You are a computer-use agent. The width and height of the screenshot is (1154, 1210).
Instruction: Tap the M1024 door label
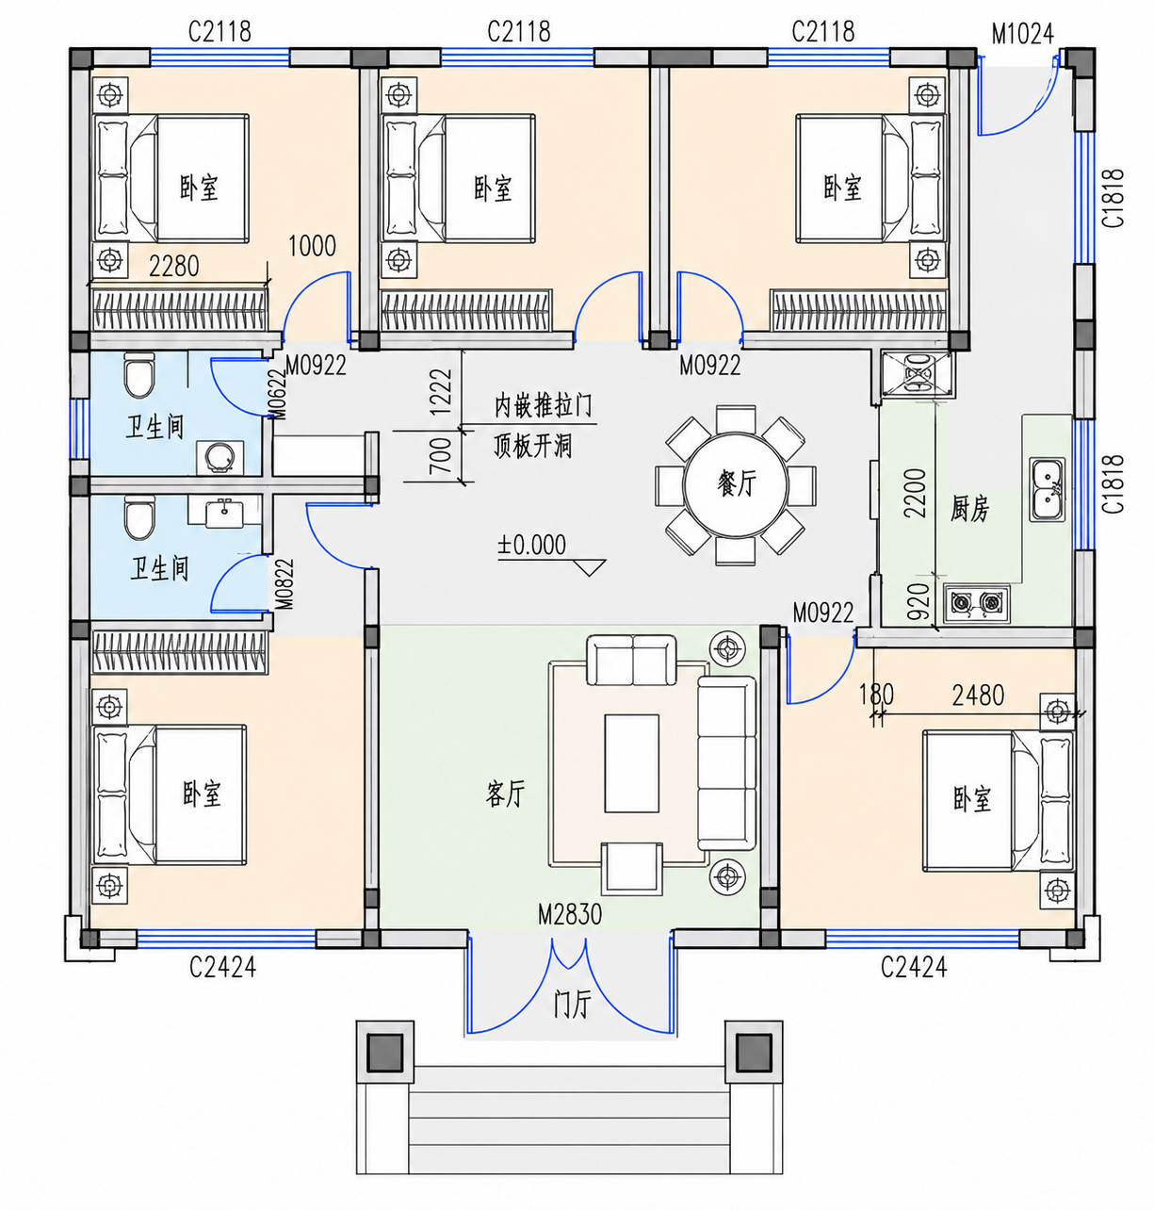pyautogui.click(x=1022, y=34)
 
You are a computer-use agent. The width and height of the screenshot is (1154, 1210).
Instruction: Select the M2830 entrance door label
pyautogui.click(x=570, y=915)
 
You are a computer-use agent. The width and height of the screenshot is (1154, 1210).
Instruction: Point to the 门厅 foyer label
pyautogui.click(x=573, y=1006)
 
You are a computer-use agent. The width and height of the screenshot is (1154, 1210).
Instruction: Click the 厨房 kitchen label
pyautogui.click(x=969, y=508)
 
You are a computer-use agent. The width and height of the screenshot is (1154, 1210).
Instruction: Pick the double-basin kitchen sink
pyautogui.click(x=1047, y=489)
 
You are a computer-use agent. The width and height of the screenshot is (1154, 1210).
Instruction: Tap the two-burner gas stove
pyautogui.click(x=976, y=603)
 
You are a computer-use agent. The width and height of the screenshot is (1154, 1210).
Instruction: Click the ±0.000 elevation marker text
pyautogui.click(x=531, y=545)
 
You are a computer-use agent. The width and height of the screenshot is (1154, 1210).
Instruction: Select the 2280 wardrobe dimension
pyautogui.click(x=174, y=267)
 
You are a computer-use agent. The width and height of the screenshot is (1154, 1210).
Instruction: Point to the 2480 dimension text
pyautogui.click(x=978, y=695)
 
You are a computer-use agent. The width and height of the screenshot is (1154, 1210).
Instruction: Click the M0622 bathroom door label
pyautogui.click(x=278, y=394)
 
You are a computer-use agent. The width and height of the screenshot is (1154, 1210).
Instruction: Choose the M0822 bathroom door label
pyautogui.click(x=284, y=583)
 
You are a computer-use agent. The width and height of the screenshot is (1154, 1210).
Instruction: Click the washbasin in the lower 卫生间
pyautogui.click(x=224, y=513)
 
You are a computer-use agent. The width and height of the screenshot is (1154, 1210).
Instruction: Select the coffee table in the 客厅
pyautogui.click(x=631, y=763)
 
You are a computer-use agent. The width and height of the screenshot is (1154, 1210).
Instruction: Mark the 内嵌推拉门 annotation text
pyautogui.click(x=544, y=405)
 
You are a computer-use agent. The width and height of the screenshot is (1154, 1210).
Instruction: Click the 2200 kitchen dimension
pyautogui.click(x=916, y=492)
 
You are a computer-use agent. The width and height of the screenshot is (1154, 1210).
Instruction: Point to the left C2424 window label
pyautogui.click(x=222, y=968)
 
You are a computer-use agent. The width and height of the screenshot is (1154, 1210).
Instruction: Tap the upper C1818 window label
pyautogui.click(x=1113, y=198)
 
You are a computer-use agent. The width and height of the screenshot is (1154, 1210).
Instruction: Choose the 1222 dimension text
pyautogui.click(x=441, y=392)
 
